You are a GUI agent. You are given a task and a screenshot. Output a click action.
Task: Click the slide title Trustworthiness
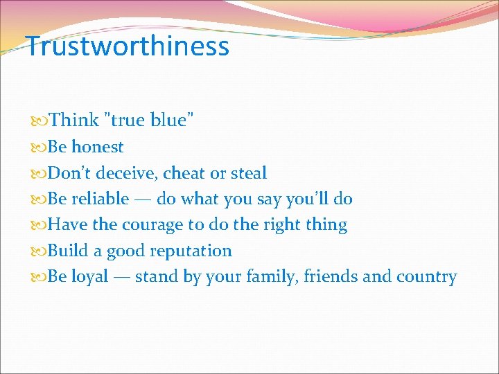pyautogui.click(x=128, y=46)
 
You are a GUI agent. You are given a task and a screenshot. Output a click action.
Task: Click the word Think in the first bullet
pyautogui.click(x=74, y=121)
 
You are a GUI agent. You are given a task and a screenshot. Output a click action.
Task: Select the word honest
pyautogui.click(x=97, y=147)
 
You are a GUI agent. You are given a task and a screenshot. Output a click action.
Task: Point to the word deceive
pyautogui.click(x=130, y=173)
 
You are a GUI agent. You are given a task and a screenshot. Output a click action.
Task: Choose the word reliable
pyautogui.click(x=100, y=199)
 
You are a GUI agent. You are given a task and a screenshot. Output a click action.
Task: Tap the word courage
pyautogui.click(x=152, y=225)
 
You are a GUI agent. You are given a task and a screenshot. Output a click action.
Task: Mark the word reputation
pyautogui.click(x=188, y=251)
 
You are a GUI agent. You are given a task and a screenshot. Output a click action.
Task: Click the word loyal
pyautogui.click(x=90, y=277)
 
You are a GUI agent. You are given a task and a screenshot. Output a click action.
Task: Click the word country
pyautogui.click(x=426, y=277)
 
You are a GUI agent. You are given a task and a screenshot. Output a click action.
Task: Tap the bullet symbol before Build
pyautogui.click(x=42, y=251)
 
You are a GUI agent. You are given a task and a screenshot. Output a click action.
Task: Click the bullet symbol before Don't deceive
pyautogui.click(x=42, y=174)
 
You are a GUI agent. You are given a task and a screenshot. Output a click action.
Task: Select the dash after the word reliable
pyautogui.click(x=143, y=199)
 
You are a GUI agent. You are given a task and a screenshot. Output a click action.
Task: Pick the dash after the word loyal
pyautogui.click(x=121, y=277)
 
